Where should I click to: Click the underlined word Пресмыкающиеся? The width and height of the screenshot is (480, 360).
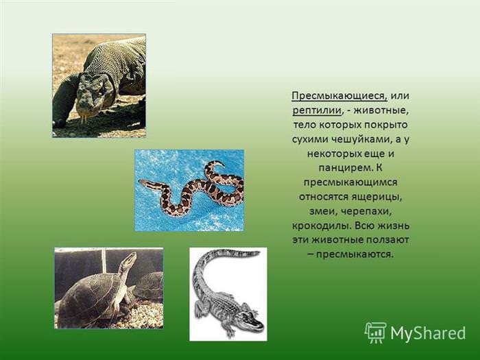coord(339,96)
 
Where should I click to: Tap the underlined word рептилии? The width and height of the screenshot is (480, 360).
coord(317,110)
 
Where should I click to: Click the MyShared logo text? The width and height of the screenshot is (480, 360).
coord(428,333)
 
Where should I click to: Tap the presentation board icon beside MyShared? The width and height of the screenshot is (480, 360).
coord(376,333)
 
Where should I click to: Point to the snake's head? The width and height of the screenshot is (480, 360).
coord(144,183)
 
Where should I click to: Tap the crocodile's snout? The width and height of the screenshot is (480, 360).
coord(256,323)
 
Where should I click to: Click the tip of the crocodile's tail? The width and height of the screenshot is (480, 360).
coord(258,253)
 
